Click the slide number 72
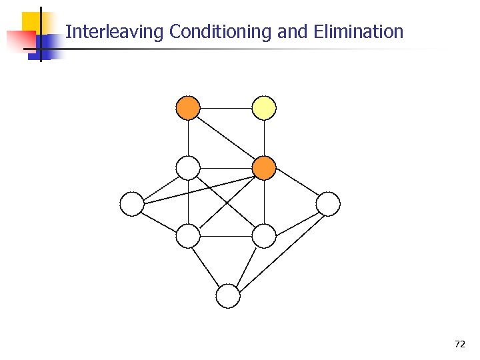pyautogui.click(x=459, y=344)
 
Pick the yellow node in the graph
pyautogui.click(x=264, y=107)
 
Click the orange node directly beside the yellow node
pyautogui.click(x=188, y=107)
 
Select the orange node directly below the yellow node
pyautogui.click(x=264, y=168)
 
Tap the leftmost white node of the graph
pyautogui.click(x=132, y=204)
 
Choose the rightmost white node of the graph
pyautogui.click(x=328, y=204)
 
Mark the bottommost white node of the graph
pyautogui.click(x=228, y=296)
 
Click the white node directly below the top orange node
pyautogui.click(x=188, y=168)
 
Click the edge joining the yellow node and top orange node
pyautogui.click(x=226, y=107)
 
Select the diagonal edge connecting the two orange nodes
pyautogui.click(x=226, y=137)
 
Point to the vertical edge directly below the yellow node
pyautogui.click(x=264, y=137)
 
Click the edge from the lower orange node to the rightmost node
pyautogui.click(x=296, y=186)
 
